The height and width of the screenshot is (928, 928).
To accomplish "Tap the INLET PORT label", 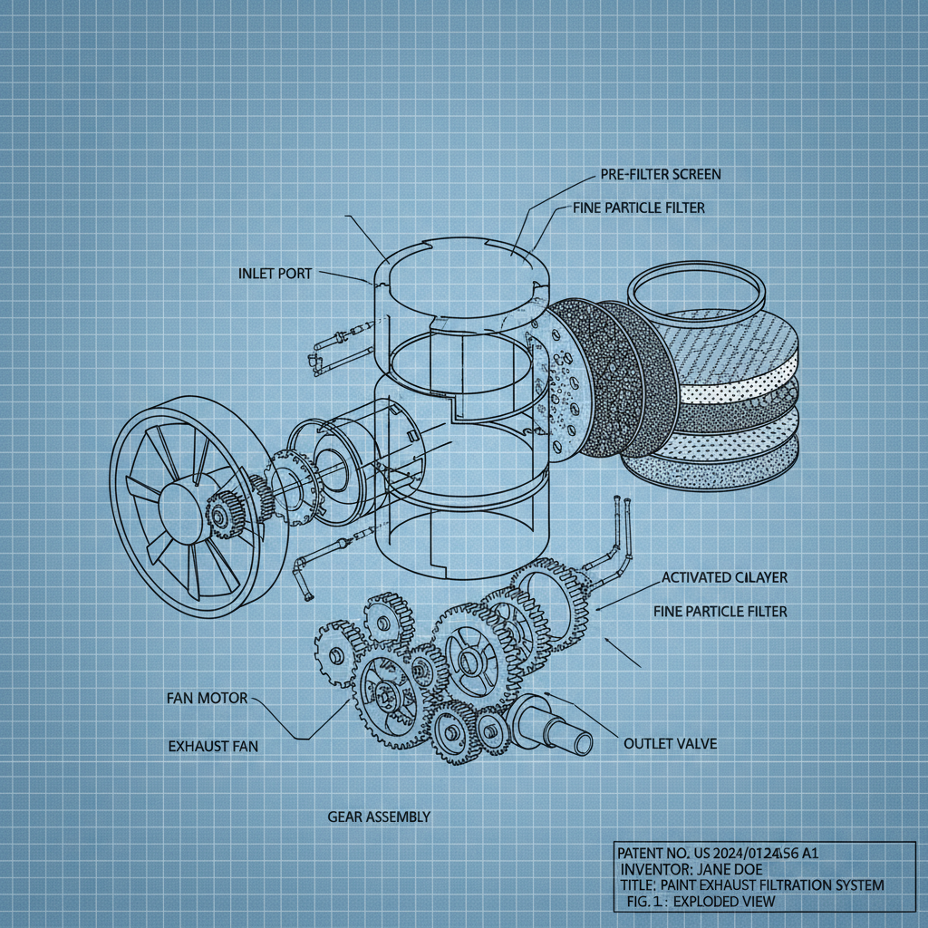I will pyautogui.click(x=275, y=273).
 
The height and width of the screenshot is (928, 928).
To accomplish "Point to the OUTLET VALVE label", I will pyautogui.click(x=670, y=743).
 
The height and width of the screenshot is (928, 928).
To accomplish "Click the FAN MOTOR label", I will pyautogui.click(x=207, y=699).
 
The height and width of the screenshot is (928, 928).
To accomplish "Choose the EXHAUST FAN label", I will pyautogui.click(x=213, y=746).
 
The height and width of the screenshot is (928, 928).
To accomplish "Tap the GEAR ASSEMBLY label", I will pyautogui.click(x=378, y=817).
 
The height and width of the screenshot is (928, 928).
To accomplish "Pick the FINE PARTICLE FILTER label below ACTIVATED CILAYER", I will pyautogui.click(x=720, y=612).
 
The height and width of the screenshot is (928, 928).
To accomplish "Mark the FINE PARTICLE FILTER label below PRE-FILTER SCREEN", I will pyautogui.click(x=638, y=208).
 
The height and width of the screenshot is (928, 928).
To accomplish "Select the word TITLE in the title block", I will pyautogui.click(x=638, y=884).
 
